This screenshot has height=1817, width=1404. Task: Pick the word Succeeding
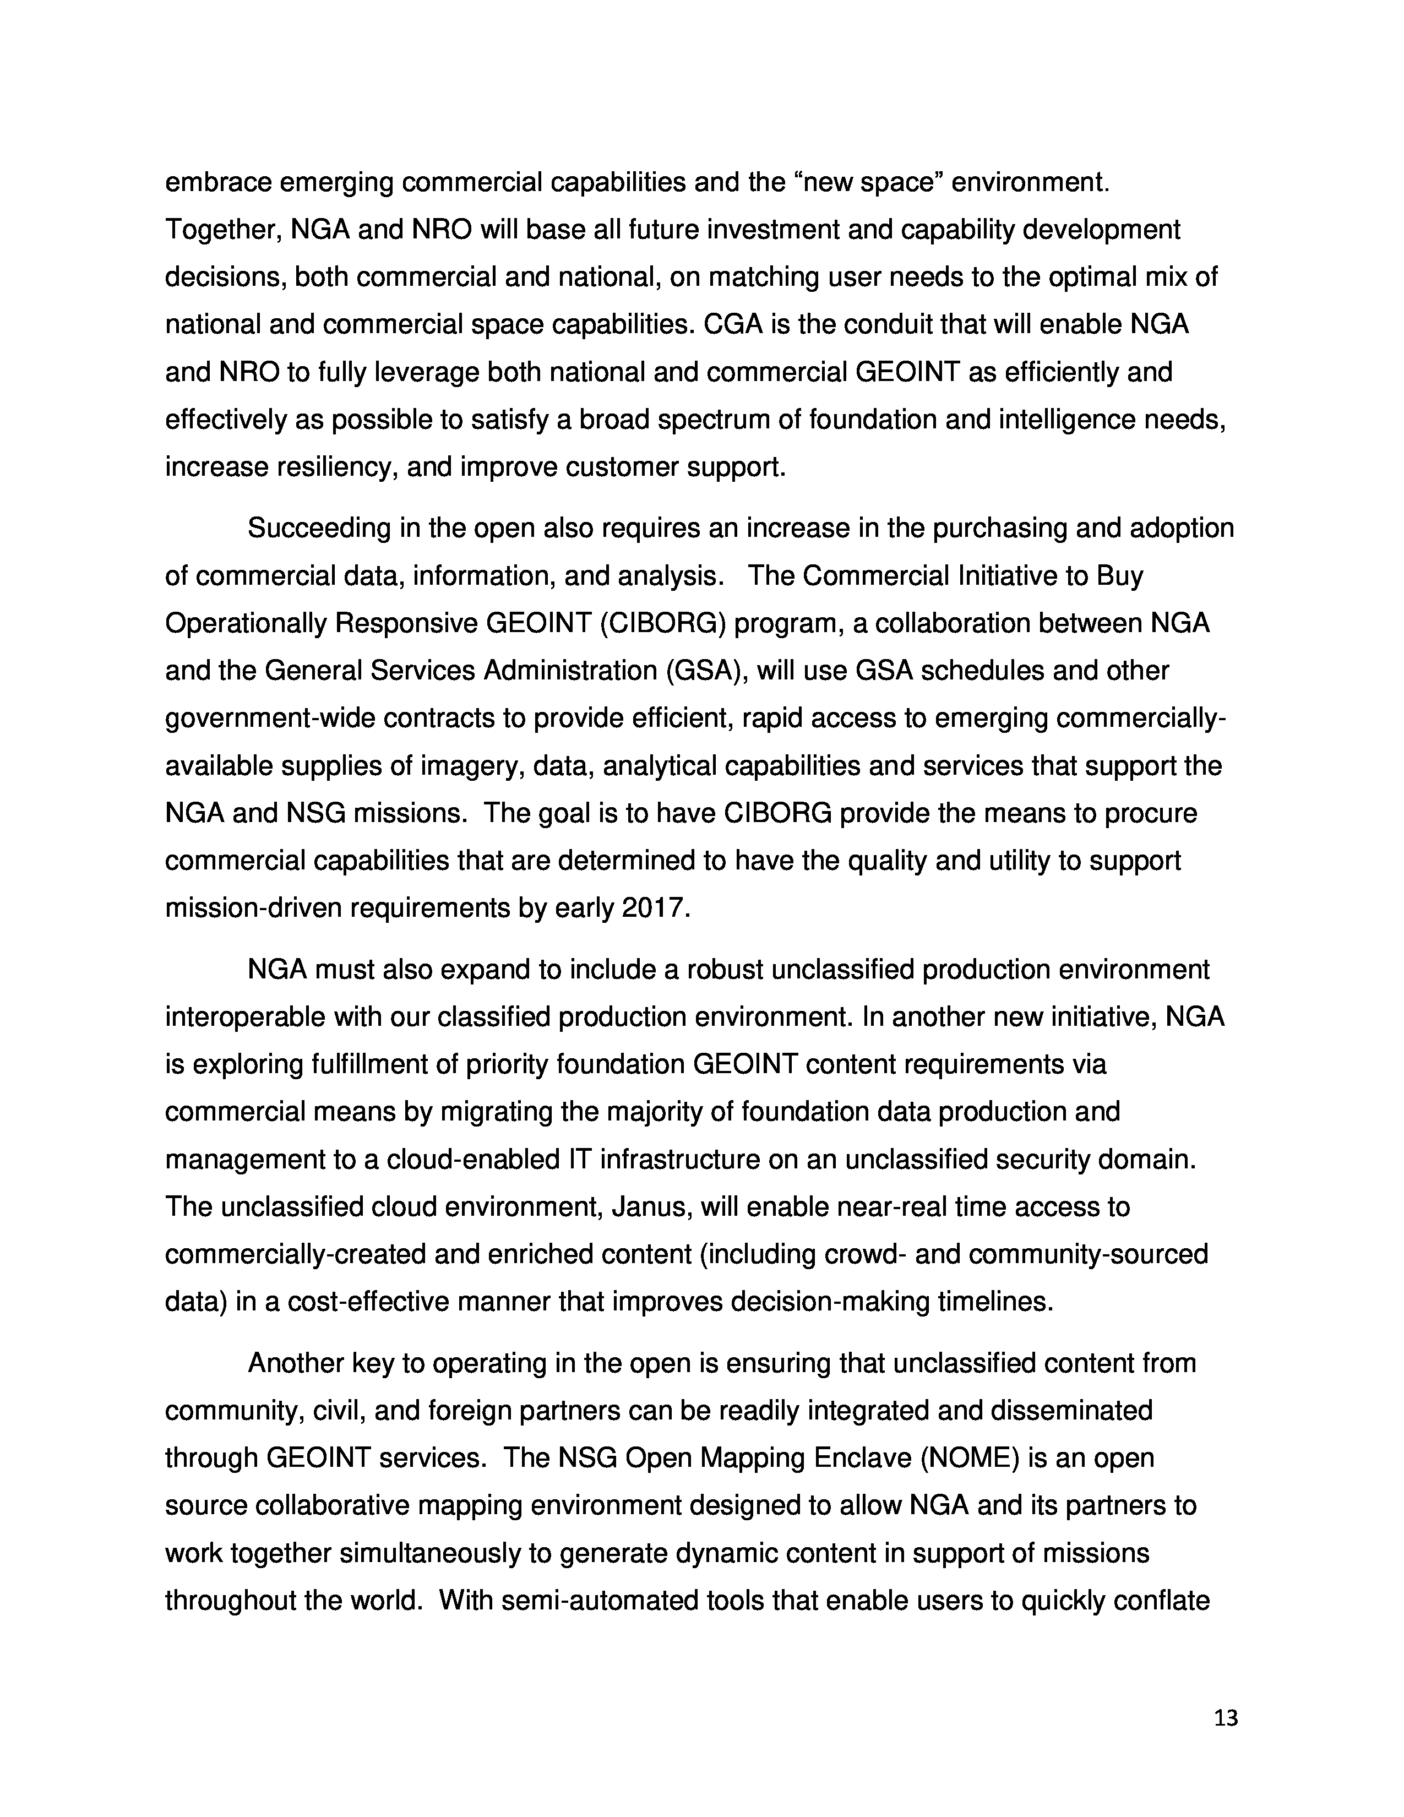click(319, 528)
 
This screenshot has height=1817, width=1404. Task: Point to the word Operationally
click(246, 623)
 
